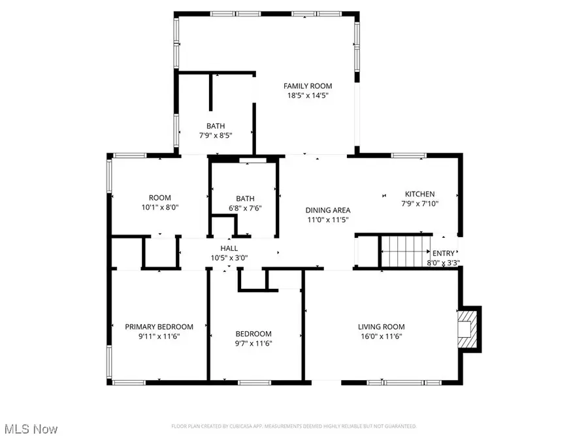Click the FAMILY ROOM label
[x=307, y=86]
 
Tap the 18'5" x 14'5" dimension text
[x=307, y=95]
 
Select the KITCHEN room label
[x=419, y=194]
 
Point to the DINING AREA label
[x=328, y=210]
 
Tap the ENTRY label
[x=443, y=253]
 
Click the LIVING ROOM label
[x=381, y=327]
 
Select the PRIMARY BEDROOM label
[x=159, y=327]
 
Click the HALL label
[x=229, y=248]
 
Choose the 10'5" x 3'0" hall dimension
[x=229, y=258]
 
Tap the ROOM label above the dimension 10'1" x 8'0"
[x=159, y=198]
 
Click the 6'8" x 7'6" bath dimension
[x=245, y=208]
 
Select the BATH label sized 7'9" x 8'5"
[x=216, y=126]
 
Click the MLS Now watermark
[x=29, y=429]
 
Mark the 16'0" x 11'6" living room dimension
[x=381, y=336]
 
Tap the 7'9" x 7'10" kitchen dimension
[x=419, y=204]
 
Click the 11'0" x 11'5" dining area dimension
[x=328, y=220]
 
